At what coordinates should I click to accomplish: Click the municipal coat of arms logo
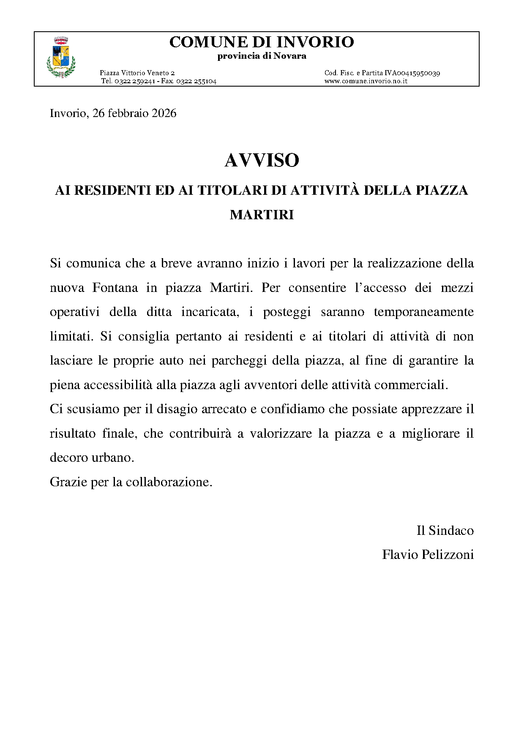61,57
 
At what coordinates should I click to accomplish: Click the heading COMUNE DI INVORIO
262,42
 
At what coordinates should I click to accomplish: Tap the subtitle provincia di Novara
262,56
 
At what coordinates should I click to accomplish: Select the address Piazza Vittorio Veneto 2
137,73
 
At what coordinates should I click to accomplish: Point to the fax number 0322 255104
196,81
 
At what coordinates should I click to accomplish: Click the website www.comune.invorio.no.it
366,81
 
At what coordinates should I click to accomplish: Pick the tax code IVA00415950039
412,73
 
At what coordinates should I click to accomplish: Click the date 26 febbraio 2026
134,113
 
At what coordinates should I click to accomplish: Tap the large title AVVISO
262,161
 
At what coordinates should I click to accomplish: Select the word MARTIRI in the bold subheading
262,215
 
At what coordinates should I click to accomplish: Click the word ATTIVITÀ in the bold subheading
325,191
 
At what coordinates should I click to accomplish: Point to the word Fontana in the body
115,288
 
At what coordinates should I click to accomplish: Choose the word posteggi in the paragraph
287,312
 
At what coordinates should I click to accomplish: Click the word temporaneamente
423,312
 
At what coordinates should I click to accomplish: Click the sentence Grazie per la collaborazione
131,482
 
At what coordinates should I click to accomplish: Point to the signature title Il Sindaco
445,531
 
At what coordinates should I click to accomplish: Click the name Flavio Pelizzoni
428,555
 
